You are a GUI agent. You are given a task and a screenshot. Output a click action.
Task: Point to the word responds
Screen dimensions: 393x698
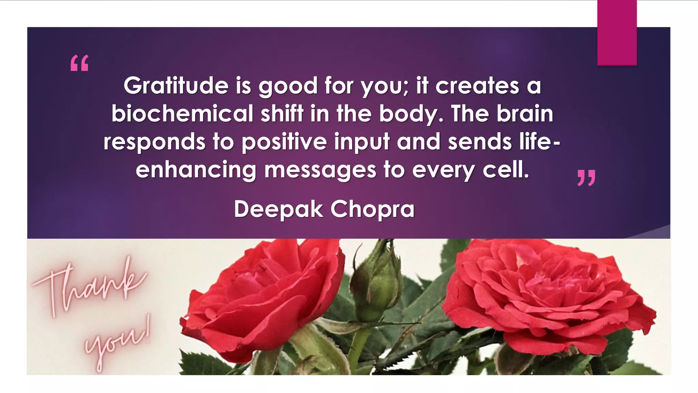tap(154, 142)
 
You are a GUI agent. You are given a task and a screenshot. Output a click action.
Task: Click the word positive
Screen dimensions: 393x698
tap(284, 142)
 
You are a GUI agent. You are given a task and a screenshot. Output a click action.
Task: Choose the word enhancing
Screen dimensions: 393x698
tap(196, 170)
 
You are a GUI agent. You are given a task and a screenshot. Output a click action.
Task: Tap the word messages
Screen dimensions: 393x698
tap(320, 170)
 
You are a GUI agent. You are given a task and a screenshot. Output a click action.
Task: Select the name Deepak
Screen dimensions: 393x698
tap(278, 209)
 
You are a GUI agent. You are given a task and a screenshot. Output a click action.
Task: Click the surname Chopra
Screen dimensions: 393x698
tap(373, 209)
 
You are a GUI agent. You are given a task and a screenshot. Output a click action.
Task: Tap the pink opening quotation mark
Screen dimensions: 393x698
tap(79, 63)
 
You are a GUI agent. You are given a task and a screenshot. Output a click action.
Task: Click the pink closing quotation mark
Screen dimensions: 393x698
tap(586, 178)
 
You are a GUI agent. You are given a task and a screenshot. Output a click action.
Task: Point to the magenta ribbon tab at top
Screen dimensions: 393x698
tap(617, 32)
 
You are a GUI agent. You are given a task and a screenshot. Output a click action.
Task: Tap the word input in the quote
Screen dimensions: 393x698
tap(362, 142)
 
